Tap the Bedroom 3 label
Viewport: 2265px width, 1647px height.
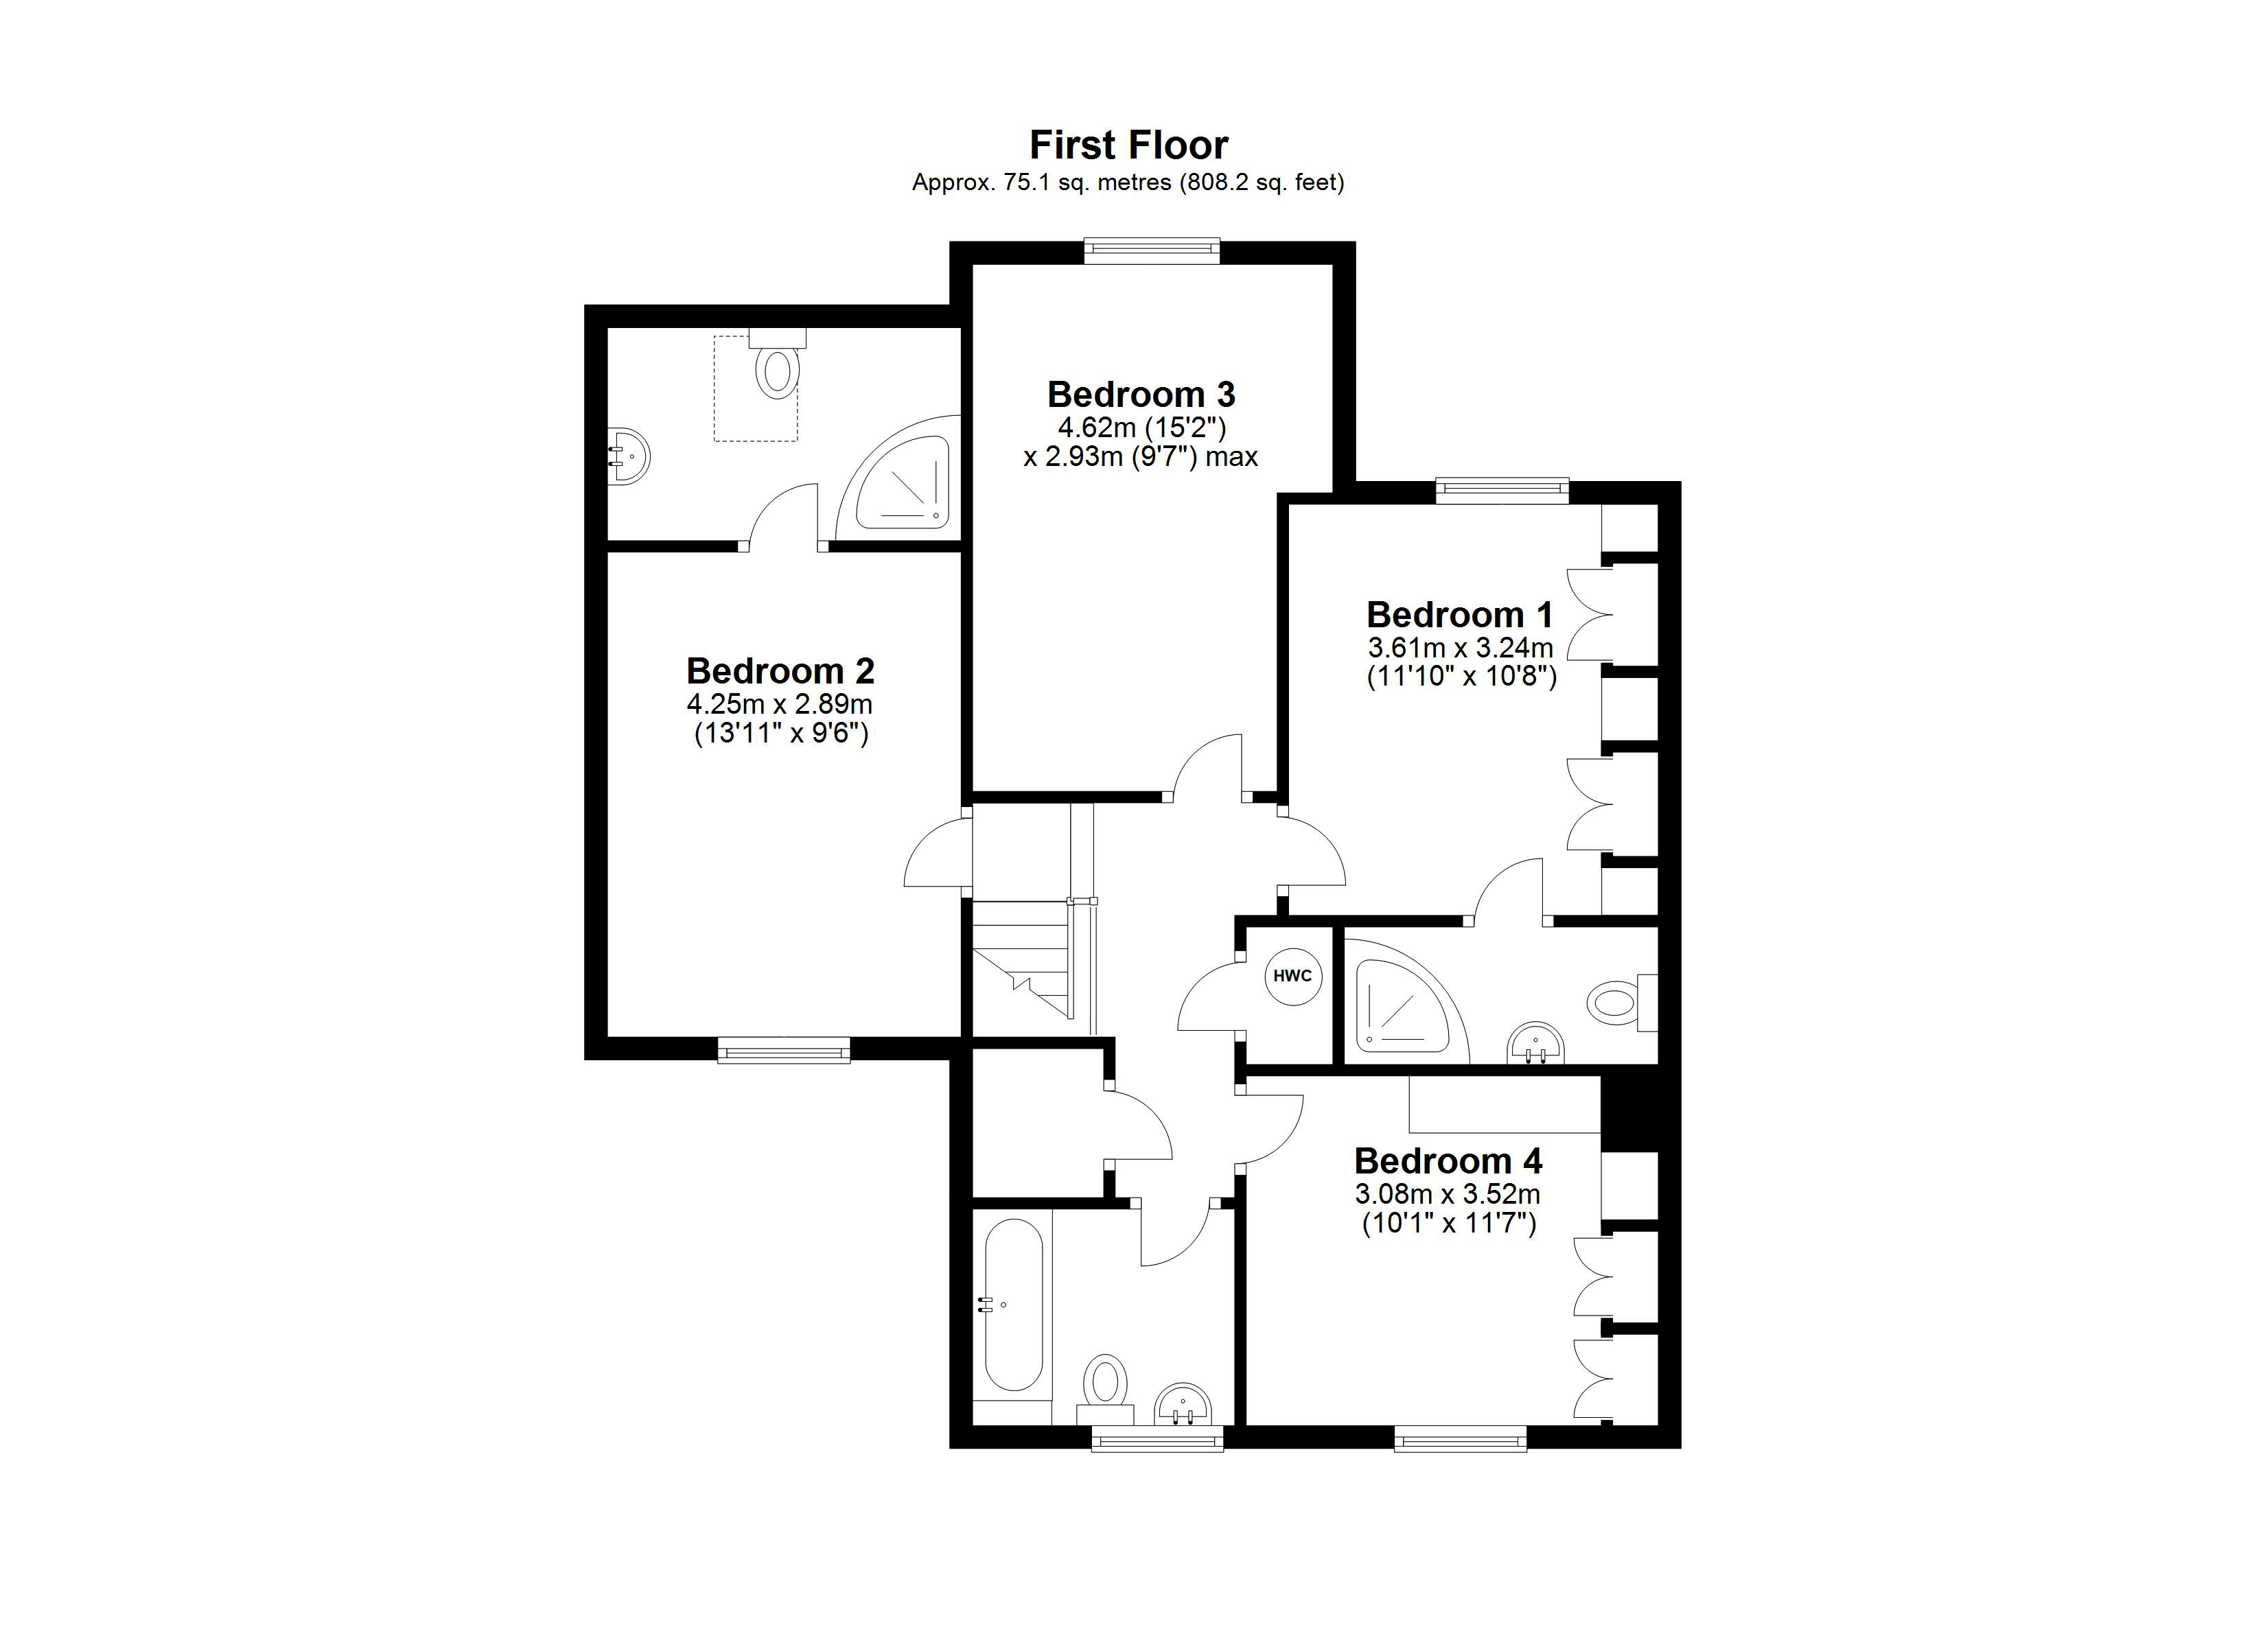pyautogui.click(x=1141, y=395)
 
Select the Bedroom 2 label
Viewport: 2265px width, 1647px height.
pyautogui.click(x=780, y=670)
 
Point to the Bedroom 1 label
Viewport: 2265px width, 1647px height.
pyautogui.click(x=1459, y=614)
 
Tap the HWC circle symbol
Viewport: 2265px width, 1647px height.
pyautogui.click(x=1293, y=976)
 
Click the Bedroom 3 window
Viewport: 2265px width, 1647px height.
pyautogui.click(x=1152, y=250)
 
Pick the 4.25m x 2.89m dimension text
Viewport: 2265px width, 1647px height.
pyautogui.click(x=779, y=704)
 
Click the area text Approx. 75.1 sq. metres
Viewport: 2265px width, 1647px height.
pyautogui.click(x=1042, y=183)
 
